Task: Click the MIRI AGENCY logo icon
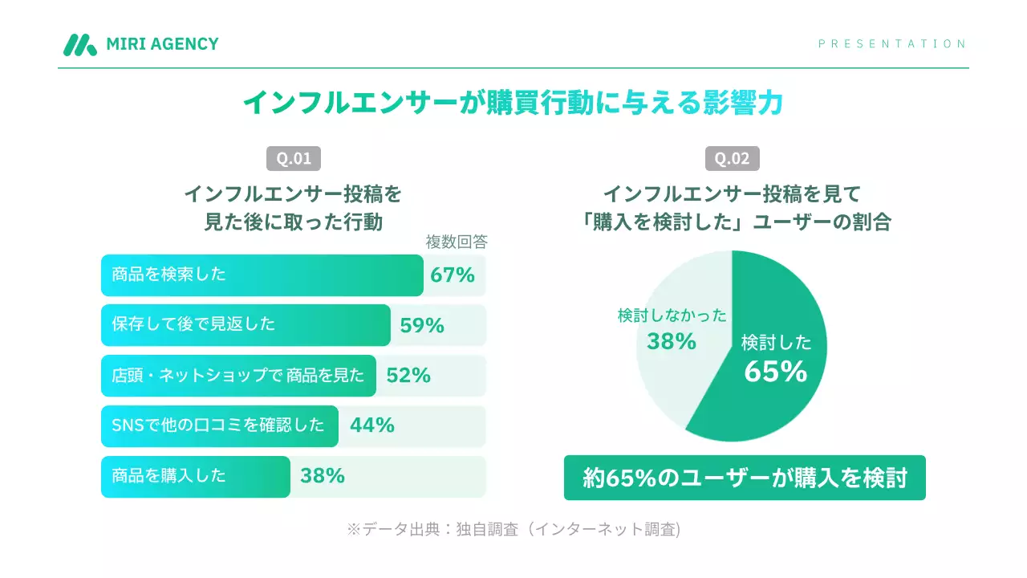pyautogui.click(x=80, y=45)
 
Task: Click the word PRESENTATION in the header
pyautogui.click(x=892, y=44)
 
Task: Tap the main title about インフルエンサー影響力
pyautogui.click(x=513, y=103)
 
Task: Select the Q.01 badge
pyautogui.click(x=294, y=158)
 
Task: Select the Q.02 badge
pyautogui.click(x=732, y=158)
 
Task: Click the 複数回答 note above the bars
pyautogui.click(x=456, y=242)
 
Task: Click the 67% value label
pyautogui.click(x=453, y=275)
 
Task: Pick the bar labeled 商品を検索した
pyautogui.click(x=262, y=275)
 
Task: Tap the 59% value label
pyautogui.click(x=422, y=325)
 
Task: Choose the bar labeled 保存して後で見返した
pyautogui.click(x=246, y=325)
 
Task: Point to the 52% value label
pyautogui.click(x=408, y=376)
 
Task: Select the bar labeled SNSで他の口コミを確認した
pyautogui.click(x=219, y=425)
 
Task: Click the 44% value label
pyautogui.click(x=372, y=425)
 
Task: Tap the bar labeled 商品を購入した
pyautogui.click(x=195, y=476)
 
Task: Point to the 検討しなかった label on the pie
pyautogui.click(x=672, y=315)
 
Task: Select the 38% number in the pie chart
pyautogui.click(x=672, y=341)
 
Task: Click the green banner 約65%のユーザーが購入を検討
pyautogui.click(x=745, y=478)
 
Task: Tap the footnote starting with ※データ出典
pyautogui.click(x=513, y=529)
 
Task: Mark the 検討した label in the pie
pyautogui.click(x=776, y=343)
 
